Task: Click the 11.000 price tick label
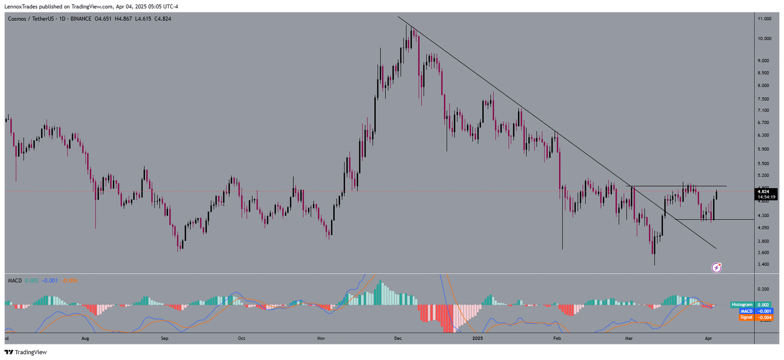(x=764, y=19)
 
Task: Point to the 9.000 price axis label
(x=763, y=61)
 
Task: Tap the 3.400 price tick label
(x=763, y=264)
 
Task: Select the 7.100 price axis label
(x=763, y=111)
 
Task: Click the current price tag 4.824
(x=766, y=192)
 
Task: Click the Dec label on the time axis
(x=398, y=338)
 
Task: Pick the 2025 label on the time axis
(x=478, y=338)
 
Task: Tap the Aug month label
(x=85, y=338)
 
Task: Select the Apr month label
(x=708, y=338)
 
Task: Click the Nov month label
(x=321, y=338)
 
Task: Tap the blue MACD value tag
(x=756, y=311)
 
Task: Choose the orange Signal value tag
(x=756, y=317)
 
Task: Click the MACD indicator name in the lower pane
(x=15, y=281)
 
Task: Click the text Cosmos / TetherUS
(x=31, y=19)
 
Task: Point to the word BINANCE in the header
(x=80, y=19)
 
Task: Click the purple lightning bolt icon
(x=716, y=267)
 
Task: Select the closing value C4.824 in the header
(x=163, y=19)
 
